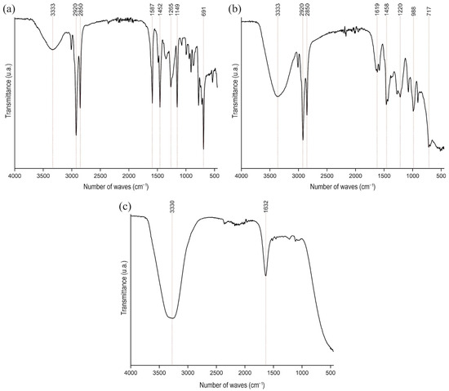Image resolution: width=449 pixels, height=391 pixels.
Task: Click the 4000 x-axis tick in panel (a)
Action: click(x=15, y=176)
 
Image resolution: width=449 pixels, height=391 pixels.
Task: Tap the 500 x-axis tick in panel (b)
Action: click(x=441, y=176)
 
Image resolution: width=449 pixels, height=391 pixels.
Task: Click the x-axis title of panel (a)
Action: click(x=115, y=187)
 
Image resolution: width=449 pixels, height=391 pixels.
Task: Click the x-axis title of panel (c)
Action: click(x=230, y=384)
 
